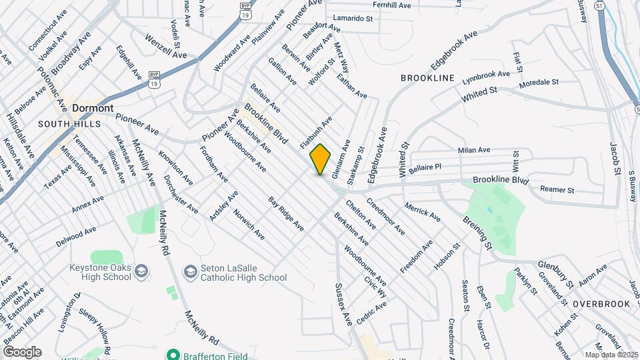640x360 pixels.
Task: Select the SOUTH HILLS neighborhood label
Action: (x=66, y=124)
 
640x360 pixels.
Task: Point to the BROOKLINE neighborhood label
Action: (x=427, y=78)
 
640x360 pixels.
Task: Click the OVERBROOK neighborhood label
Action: (x=601, y=304)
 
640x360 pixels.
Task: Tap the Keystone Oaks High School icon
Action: (x=141, y=271)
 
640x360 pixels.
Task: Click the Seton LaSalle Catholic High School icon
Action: (x=190, y=271)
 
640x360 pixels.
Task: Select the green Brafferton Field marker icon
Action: (x=174, y=355)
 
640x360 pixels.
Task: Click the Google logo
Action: (x=22, y=352)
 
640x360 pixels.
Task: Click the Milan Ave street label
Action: (x=474, y=151)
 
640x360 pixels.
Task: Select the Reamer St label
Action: (x=557, y=190)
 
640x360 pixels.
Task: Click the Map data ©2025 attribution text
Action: (x=611, y=355)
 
